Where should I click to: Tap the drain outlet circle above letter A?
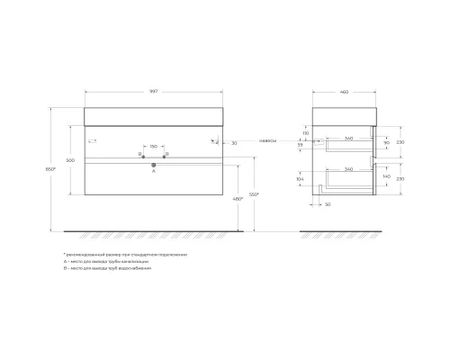point(153,165)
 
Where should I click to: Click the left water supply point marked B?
point(144,156)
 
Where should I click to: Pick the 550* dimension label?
point(255,195)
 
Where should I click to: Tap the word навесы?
point(266,141)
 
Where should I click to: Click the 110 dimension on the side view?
point(306,132)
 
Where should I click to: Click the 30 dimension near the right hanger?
point(234,142)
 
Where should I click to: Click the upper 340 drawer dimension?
point(347,137)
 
